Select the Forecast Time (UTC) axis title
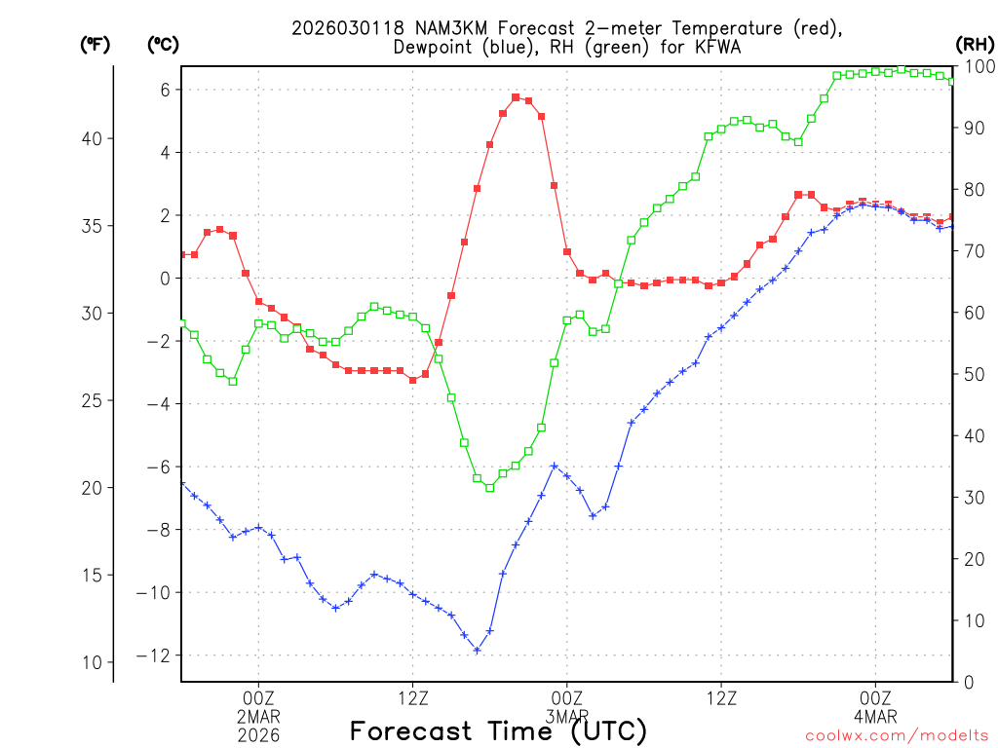(x=498, y=730)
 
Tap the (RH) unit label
(x=975, y=44)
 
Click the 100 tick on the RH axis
(x=978, y=66)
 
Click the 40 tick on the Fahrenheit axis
(x=93, y=138)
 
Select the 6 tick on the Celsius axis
(x=165, y=90)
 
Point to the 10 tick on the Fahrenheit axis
(x=93, y=663)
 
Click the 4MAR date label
(x=875, y=717)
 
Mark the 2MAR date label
(x=258, y=717)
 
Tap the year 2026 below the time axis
(x=258, y=734)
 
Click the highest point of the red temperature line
(x=516, y=97)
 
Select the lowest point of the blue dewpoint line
(x=477, y=650)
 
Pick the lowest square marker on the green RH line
(x=490, y=487)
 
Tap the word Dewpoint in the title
(x=431, y=48)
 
